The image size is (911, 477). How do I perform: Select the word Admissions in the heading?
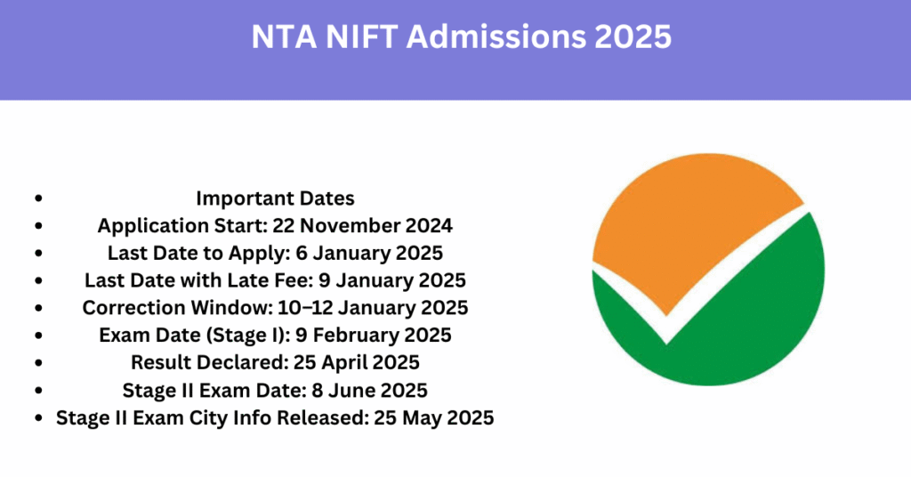click(x=496, y=36)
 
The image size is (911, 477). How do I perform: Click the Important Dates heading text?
click(x=275, y=198)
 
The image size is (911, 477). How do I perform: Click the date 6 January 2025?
click(x=369, y=253)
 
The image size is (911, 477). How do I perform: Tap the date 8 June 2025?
click(x=369, y=390)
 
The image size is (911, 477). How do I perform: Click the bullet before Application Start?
click(x=38, y=225)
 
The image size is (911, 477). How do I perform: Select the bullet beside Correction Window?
click(x=38, y=307)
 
